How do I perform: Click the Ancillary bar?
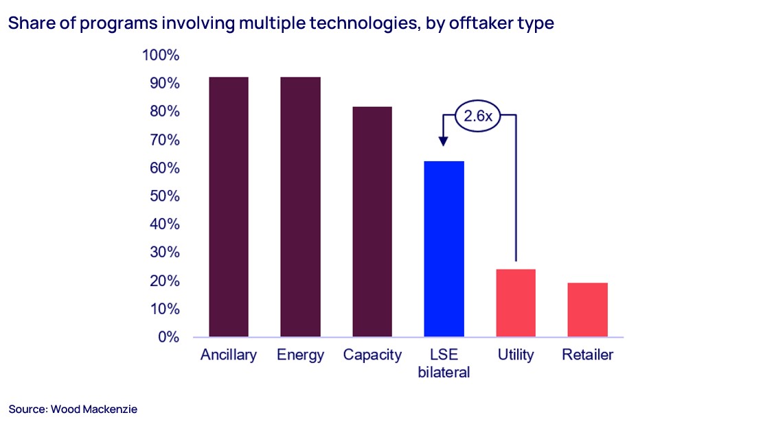click(x=229, y=206)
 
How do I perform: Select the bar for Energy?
click(x=300, y=206)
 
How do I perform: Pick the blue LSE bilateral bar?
click(x=444, y=249)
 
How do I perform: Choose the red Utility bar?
click(x=516, y=303)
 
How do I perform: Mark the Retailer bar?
click(x=588, y=309)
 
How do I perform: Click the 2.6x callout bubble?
click(x=478, y=117)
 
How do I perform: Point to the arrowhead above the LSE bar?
click(x=444, y=141)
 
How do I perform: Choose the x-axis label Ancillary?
click(x=229, y=355)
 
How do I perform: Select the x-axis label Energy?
click(x=300, y=355)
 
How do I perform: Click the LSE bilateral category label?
click(x=444, y=364)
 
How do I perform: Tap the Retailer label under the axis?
click(x=587, y=355)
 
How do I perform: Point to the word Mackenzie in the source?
click(x=111, y=410)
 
